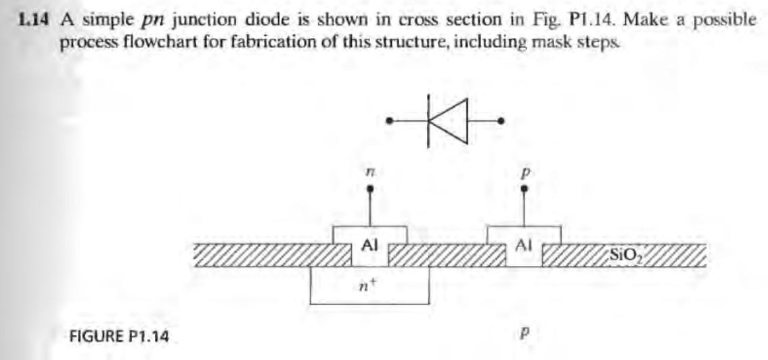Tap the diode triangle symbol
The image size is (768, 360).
click(451, 121)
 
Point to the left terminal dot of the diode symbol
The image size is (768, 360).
click(389, 122)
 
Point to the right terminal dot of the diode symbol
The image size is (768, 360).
click(501, 122)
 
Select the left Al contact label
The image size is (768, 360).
click(369, 246)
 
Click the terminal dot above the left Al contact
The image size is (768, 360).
click(369, 192)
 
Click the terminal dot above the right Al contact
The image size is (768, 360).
click(523, 192)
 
